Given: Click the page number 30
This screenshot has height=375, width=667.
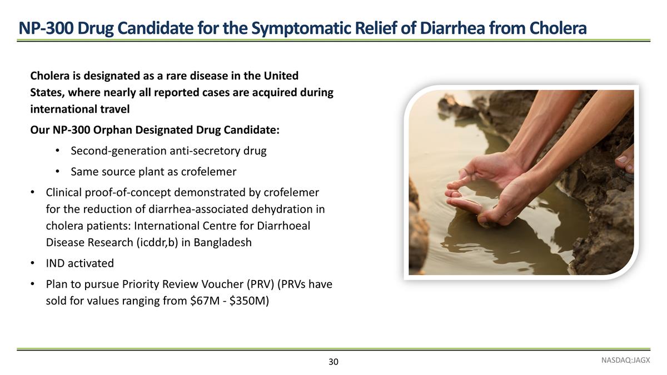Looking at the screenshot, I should point(333,362).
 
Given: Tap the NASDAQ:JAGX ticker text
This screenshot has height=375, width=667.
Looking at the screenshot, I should point(625,360).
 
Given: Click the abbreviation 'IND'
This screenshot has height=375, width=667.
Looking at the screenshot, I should point(56,263).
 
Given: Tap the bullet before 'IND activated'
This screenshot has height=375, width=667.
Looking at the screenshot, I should point(33,263).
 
